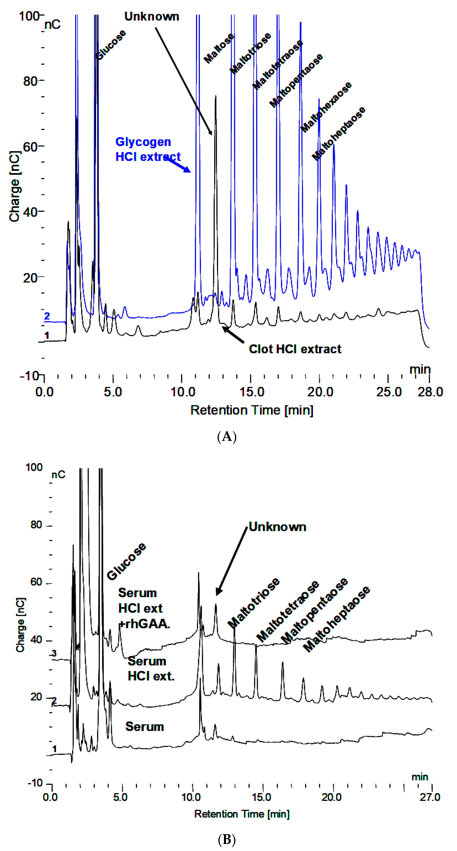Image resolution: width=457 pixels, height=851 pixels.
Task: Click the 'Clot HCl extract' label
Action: (295, 349)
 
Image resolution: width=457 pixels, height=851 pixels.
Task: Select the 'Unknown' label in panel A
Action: (151, 16)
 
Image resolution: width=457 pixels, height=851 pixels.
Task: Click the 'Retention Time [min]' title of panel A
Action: (252, 410)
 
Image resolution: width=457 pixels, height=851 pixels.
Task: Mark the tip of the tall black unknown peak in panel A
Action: (216, 96)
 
